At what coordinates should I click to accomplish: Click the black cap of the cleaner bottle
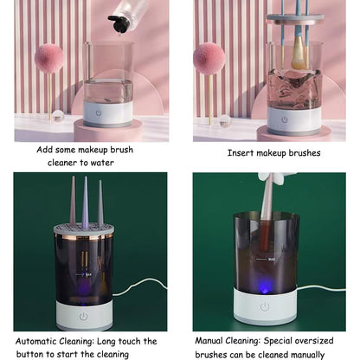point(119,23)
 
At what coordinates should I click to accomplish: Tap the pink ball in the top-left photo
point(49,57)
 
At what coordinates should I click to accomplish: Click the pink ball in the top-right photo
point(209,60)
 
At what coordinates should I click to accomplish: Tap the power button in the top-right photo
point(285,119)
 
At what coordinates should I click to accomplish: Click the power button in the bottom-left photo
point(83,317)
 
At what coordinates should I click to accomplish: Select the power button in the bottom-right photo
point(265,306)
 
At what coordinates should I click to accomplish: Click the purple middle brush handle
point(86,202)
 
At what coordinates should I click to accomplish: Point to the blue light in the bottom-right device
point(264,286)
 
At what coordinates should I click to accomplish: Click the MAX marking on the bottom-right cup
point(272,260)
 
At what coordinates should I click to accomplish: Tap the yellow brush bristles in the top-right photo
point(298,57)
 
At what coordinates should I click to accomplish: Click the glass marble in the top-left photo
point(58,116)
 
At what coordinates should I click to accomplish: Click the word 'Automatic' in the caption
point(36,341)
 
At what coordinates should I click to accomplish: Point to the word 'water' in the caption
point(102,163)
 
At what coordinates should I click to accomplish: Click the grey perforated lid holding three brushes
point(84,229)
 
